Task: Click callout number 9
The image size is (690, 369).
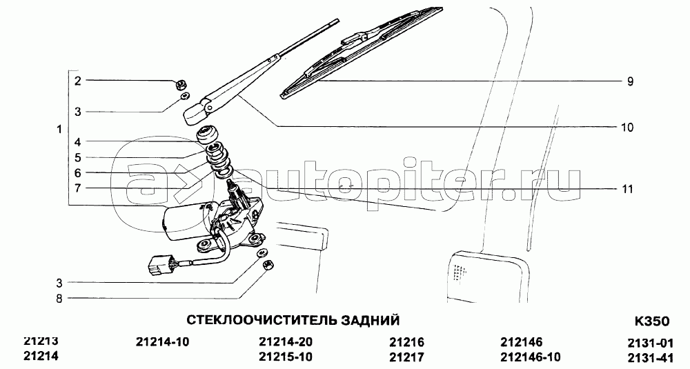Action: point(630,81)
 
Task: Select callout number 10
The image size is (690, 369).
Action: point(627,127)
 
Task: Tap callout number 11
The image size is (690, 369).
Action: point(627,189)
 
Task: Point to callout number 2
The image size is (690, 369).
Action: point(78,81)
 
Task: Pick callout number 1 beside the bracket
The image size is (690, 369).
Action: point(60,129)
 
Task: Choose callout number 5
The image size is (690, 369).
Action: point(78,158)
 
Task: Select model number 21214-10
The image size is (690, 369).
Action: point(163,342)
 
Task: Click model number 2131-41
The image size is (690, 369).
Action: point(650,357)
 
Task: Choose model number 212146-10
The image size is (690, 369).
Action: point(530,357)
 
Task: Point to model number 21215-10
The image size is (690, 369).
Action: point(286,357)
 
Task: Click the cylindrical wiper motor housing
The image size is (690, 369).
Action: point(183,221)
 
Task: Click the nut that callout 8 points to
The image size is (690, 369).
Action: point(270,265)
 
